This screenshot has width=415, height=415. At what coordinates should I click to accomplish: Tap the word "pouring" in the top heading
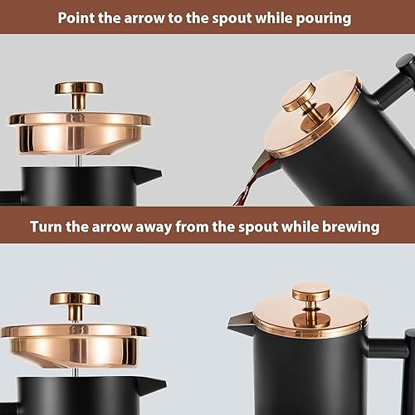pyautogui.click(x=324, y=19)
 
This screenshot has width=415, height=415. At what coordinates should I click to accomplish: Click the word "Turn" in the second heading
pyautogui.click(x=46, y=227)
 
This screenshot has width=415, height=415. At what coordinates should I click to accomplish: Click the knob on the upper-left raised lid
pyautogui.click(x=79, y=95)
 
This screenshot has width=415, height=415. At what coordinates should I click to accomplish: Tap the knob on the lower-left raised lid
pyautogui.click(x=75, y=305)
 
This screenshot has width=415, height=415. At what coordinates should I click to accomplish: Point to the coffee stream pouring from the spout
pyautogui.click(x=247, y=188)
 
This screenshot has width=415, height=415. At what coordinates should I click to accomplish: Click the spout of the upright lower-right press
pyautogui.click(x=240, y=322)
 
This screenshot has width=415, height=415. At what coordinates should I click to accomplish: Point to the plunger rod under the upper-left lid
pyautogui.click(x=78, y=160)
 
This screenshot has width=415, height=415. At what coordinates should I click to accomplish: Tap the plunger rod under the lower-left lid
pyautogui.click(x=75, y=373)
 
